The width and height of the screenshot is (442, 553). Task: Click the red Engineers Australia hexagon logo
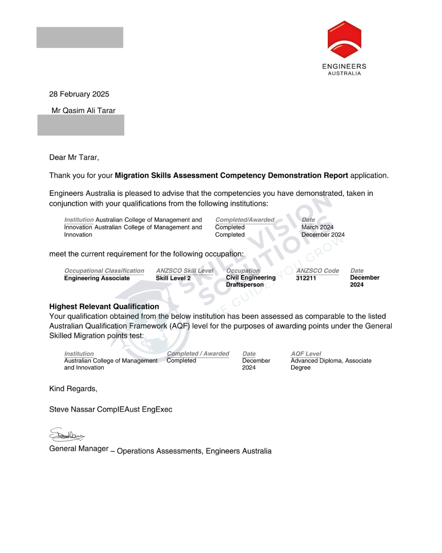[344, 39]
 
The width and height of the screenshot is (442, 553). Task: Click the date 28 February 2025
[79, 94]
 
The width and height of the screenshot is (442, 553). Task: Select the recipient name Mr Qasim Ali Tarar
[83, 111]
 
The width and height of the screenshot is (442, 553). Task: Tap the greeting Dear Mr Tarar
[74, 157]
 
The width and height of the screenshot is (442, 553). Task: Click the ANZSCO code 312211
[306, 278]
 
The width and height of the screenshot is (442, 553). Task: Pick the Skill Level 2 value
[173, 278]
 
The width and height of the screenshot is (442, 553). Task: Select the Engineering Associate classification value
[97, 278]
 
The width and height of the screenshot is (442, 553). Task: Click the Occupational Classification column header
[104, 271]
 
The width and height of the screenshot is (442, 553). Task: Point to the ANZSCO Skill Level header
[185, 271]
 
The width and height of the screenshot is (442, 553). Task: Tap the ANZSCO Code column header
[318, 271]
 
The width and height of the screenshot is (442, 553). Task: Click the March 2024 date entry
[318, 227]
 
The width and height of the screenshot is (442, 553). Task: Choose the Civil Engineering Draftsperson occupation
[250, 281]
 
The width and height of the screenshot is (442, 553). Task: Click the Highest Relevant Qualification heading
[104, 306]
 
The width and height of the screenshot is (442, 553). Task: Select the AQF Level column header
[306, 354]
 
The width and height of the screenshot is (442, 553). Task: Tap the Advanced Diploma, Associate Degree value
[331, 364]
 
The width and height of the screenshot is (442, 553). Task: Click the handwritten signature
[67, 435]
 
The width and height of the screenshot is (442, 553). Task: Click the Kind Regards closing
[73, 389]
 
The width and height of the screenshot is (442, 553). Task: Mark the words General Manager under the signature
[79, 449]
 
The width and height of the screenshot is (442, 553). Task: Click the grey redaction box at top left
[80, 37]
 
